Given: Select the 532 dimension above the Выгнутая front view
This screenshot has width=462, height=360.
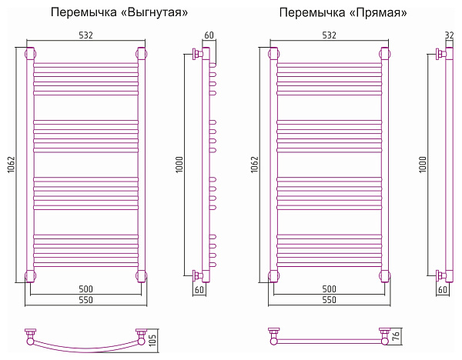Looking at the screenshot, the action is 86,35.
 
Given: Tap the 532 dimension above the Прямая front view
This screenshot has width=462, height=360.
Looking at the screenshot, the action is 329,35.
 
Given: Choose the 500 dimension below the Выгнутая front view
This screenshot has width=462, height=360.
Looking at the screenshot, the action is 86,288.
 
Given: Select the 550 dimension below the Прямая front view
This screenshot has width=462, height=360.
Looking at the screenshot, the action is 329,300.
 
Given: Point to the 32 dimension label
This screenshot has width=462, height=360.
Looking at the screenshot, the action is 449,35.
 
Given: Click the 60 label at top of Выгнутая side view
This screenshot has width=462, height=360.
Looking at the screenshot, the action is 209,35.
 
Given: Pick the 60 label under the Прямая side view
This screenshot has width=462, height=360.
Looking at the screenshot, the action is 443,290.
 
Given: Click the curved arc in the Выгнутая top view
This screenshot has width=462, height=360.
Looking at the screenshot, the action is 86,343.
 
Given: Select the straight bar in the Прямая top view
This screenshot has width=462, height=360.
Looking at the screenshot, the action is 329,339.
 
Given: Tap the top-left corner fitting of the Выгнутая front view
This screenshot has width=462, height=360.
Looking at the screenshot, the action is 31,54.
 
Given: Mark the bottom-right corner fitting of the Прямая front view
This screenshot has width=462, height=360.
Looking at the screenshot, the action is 383,275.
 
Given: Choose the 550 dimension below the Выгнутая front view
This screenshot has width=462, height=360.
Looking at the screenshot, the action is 86,300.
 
